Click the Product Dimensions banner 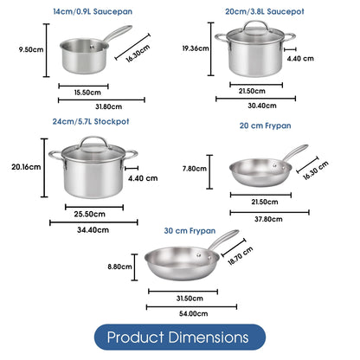179,336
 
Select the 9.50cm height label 30,50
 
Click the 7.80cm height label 195,170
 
